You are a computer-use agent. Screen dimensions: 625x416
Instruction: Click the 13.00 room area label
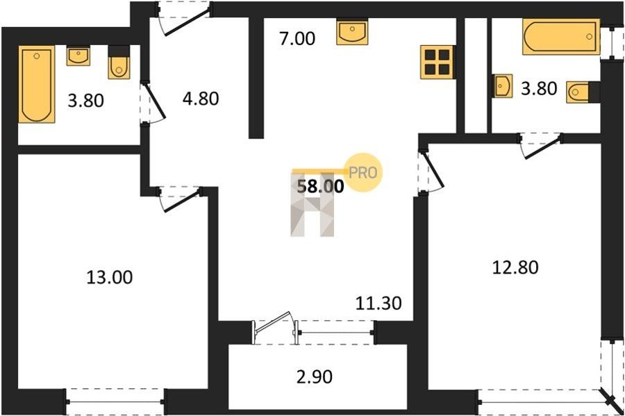pos(110,277)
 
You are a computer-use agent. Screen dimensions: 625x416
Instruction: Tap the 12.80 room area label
pos(515,267)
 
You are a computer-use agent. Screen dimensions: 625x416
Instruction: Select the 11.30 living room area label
pos(378,303)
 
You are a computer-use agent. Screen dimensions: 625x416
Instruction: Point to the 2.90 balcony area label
pos(315,376)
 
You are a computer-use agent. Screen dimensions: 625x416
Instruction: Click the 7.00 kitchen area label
pos(297,39)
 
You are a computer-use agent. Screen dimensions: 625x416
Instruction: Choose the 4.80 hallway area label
pos(201,99)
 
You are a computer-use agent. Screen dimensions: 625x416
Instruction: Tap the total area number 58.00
pos(320,186)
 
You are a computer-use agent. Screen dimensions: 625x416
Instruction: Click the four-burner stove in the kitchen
pos(437,63)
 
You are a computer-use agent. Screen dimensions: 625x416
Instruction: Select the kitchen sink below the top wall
pos(352,32)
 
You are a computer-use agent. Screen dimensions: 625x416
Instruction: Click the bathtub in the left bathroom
pos(37,85)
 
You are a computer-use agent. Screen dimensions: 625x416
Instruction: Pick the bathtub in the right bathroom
pos(561,37)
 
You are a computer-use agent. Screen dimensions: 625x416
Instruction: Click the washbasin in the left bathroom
pos(78,56)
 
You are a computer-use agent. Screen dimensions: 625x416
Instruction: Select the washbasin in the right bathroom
pos(503,85)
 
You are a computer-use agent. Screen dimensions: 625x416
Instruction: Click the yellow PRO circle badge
pos(363,172)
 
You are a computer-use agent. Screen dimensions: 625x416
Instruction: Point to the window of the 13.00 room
pos(115,401)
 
